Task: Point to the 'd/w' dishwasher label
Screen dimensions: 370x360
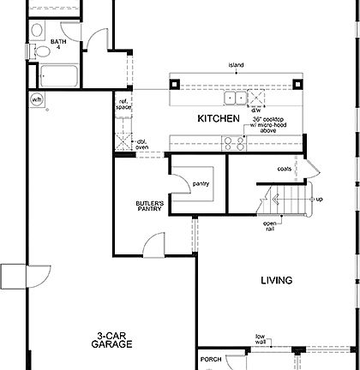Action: point(256,110)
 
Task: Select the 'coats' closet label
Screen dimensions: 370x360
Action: point(285,170)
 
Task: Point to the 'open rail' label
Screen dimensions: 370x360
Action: point(270,227)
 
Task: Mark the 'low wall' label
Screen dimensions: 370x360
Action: point(259,340)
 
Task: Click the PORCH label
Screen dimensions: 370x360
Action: point(211,360)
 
